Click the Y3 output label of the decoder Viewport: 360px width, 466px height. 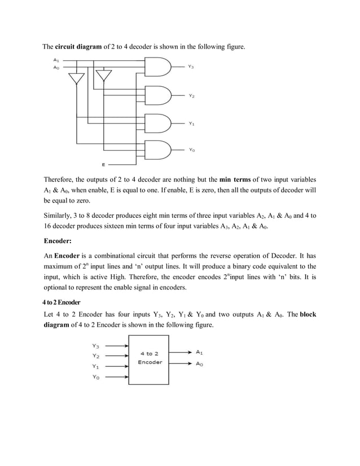[x=192, y=67]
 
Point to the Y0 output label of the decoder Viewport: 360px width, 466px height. [x=192, y=150]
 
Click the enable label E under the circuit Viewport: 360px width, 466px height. [x=103, y=165]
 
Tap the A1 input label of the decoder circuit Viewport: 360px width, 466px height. [x=56, y=60]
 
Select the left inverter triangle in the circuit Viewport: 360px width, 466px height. [x=77, y=81]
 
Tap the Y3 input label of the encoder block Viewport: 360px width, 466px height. [x=96, y=345]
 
